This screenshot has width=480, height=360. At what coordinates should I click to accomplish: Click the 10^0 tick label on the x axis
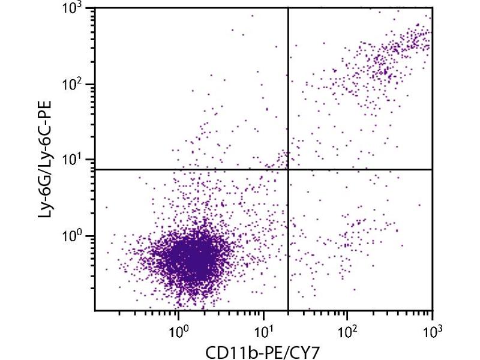tap(178, 329)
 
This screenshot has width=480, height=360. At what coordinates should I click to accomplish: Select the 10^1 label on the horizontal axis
tap(263, 329)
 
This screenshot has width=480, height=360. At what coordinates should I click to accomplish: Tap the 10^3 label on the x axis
tap(432, 329)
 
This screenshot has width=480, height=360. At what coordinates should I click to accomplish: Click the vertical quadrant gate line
tap(289, 90)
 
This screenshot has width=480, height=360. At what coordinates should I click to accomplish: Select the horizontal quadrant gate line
tap(180, 169)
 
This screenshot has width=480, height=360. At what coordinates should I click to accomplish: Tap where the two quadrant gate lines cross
tap(289, 169)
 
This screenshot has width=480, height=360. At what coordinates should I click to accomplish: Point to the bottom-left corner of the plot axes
tap(95, 310)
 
